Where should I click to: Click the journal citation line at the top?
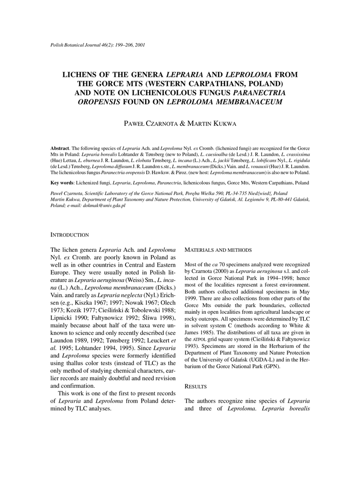[98, 45]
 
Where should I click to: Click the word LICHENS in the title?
[84, 74]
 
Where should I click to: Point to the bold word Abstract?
[60, 149]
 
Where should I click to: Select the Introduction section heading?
[70, 235]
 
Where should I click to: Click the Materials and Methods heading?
[218, 250]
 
